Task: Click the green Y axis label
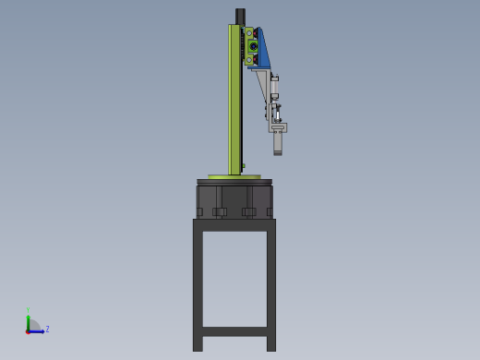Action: tap(28, 311)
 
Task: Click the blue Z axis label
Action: tap(47, 329)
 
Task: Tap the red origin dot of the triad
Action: tap(28, 330)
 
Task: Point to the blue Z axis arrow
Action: tap(38, 330)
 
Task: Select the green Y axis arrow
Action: tap(28, 321)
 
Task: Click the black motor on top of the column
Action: tap(240, 16)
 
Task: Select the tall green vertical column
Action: tap(234, 102)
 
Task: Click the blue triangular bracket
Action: tap(263, 51)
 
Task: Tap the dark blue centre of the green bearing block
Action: tap(252, 46)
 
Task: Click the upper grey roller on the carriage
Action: tap(248, 33)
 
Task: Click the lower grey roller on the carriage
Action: tap(248, 60)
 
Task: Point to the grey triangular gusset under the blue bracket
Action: tap(263, 85)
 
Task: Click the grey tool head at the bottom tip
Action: tap(278, 143)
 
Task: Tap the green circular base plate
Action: tap(234, 176)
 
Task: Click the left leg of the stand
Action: tap(198, 286)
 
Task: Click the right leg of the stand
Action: tap(270, 286)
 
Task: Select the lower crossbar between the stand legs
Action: tap(234, 330)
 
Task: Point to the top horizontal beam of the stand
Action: tap(234, 224)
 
